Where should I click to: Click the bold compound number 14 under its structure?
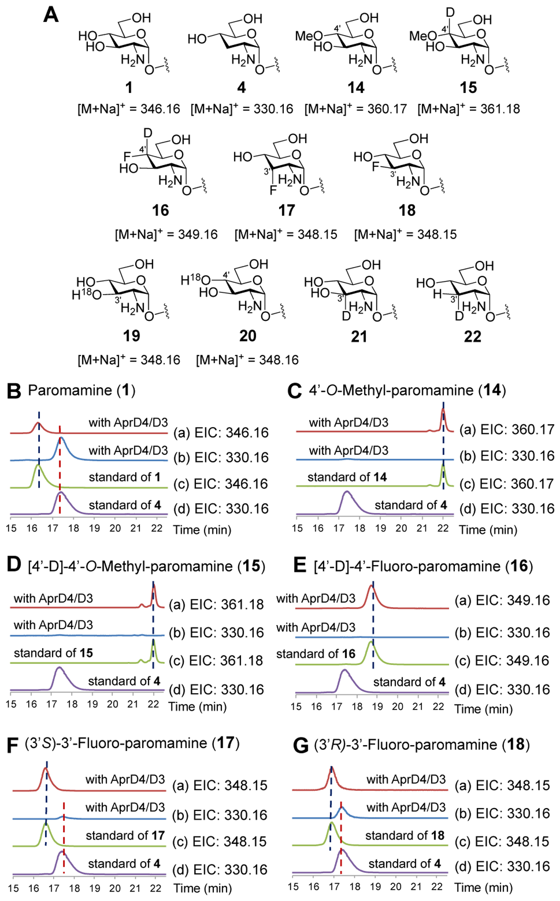[x=356, y=88]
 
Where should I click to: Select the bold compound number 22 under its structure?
[x=472, y=336]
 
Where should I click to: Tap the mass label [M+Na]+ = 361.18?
[x=468, y=109]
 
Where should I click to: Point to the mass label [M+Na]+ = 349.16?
[x=166, y=234]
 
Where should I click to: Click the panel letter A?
[x=51, y=15]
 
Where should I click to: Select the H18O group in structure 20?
[x=195, y=281]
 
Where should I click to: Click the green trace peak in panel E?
[x=371, y=642]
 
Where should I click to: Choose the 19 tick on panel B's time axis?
[x=94, y=528]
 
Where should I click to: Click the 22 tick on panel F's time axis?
[x=156, y=888]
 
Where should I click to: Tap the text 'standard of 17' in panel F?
[x=125, y=835]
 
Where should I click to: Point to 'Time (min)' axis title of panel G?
[x=483, y=887]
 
